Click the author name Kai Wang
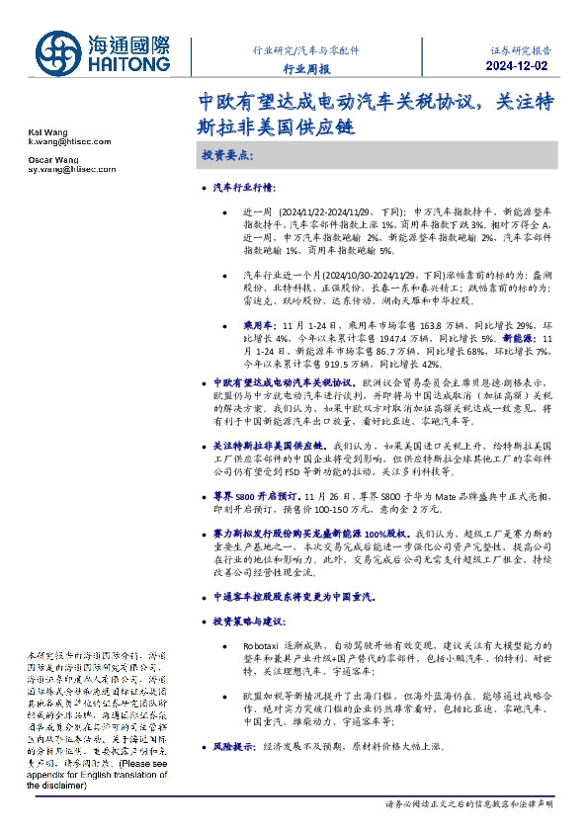coord(40,132)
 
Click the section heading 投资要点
coord(227,157)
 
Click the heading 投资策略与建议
coord(249,622)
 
